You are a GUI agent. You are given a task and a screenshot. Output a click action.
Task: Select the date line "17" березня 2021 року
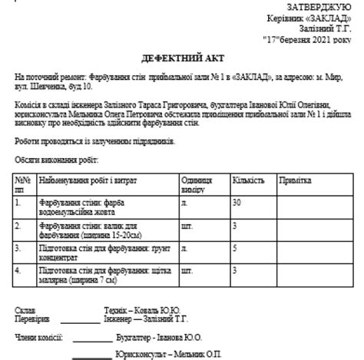coord(307,37)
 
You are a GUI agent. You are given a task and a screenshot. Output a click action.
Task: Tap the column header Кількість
coord(248,180)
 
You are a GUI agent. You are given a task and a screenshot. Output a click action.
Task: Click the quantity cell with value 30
coord(237,202)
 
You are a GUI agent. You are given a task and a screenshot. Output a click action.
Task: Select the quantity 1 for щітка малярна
coord(234,271)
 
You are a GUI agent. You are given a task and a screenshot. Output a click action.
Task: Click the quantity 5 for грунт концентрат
coord(234,249)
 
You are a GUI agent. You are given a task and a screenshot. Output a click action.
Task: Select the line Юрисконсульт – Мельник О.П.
coord(167,353)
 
